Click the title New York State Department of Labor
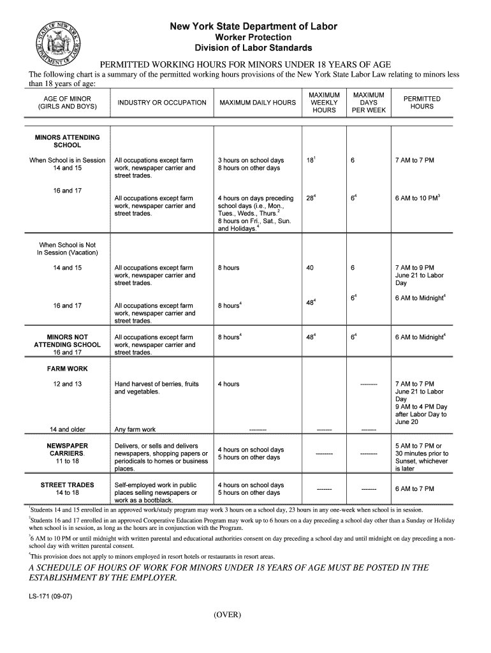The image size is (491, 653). click(x=253, y=27)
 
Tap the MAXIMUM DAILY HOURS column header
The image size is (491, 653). click(x=257, y=103)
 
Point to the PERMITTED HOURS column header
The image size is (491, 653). click(x=421, y=103)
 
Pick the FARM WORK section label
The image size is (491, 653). click(x=67, y=369)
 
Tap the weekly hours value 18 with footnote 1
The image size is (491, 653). click(x=311, y=160)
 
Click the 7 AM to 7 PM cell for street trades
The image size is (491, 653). click(x=414, y=488)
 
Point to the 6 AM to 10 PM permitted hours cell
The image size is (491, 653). click(x=418, y=198)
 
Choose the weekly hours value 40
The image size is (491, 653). click(x=310, y=268)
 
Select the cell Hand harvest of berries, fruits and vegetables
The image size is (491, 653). click(x=156, y=388)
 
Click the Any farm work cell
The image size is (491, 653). click(x=135, y=429)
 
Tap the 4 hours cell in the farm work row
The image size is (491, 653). click(x=228, y=384)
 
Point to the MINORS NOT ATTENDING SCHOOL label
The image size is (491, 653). click(x=67, y=344)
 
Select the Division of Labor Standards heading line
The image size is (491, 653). click(x=253, y=48)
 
